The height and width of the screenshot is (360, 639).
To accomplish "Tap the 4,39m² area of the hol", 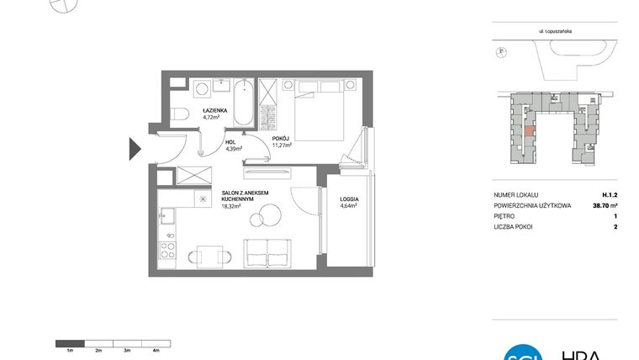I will coord(234,148).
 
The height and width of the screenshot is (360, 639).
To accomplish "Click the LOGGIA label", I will coord(349,199).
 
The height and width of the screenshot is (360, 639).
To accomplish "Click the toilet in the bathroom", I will coord(179,114).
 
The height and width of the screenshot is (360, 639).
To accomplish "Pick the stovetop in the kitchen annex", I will coord(168,249).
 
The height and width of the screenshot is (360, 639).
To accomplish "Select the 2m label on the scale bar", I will coord(98,350).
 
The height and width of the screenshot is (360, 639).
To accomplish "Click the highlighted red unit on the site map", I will coord(528,130).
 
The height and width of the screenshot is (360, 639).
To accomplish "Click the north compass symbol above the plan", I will coord(62,5).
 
